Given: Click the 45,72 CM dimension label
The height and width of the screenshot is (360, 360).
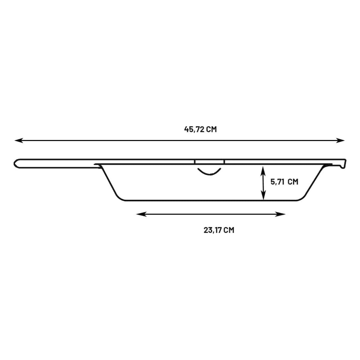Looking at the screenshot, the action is [x=200, y=129].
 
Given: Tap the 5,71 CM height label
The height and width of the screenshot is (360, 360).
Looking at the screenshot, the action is [x=284, y=182].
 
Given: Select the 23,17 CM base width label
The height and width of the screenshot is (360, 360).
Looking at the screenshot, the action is [x=219, y=230].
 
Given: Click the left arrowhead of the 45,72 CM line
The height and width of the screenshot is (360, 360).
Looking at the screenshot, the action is [x=19, y=140].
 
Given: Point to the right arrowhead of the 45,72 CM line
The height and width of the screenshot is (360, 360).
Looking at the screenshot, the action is [x=340, y=140].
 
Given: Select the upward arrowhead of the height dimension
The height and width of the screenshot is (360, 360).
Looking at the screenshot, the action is [x=263, y=171].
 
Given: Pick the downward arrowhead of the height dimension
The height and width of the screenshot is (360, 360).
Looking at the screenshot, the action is [x=263, y=195].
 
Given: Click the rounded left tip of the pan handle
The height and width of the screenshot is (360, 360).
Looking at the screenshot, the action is [x=15, y=163].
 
